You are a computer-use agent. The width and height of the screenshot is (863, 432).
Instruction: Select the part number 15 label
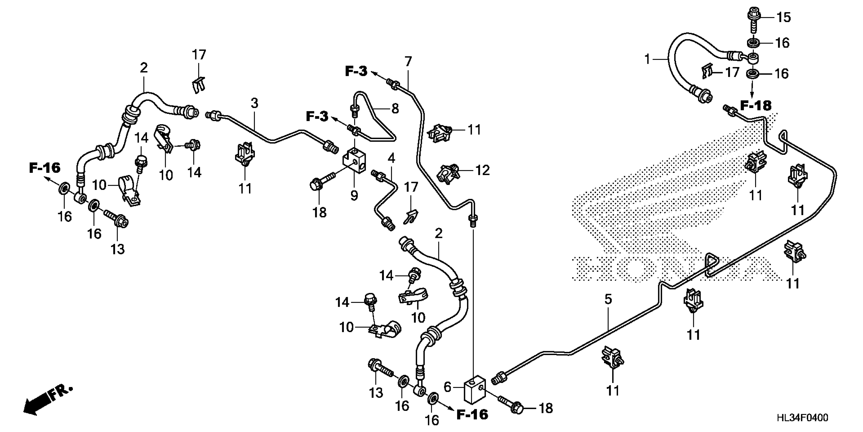[784, 17]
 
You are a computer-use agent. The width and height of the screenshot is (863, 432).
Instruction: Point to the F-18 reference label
[755, 106]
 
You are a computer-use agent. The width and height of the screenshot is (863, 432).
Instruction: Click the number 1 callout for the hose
[647, 59]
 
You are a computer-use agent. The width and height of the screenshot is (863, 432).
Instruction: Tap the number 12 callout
[483, 170]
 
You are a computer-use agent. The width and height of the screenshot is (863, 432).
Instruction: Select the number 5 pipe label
[608, 299]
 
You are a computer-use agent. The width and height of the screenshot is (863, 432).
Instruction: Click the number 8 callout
[395, 108]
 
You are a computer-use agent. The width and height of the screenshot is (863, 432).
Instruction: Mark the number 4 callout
[391, 158]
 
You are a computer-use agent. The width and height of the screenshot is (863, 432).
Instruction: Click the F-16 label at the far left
[45, 168]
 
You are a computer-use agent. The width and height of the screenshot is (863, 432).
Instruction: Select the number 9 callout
[354, 195]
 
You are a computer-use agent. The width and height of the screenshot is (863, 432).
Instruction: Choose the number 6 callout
[447, 387]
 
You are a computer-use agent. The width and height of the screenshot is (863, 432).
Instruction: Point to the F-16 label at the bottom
[472, 414]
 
